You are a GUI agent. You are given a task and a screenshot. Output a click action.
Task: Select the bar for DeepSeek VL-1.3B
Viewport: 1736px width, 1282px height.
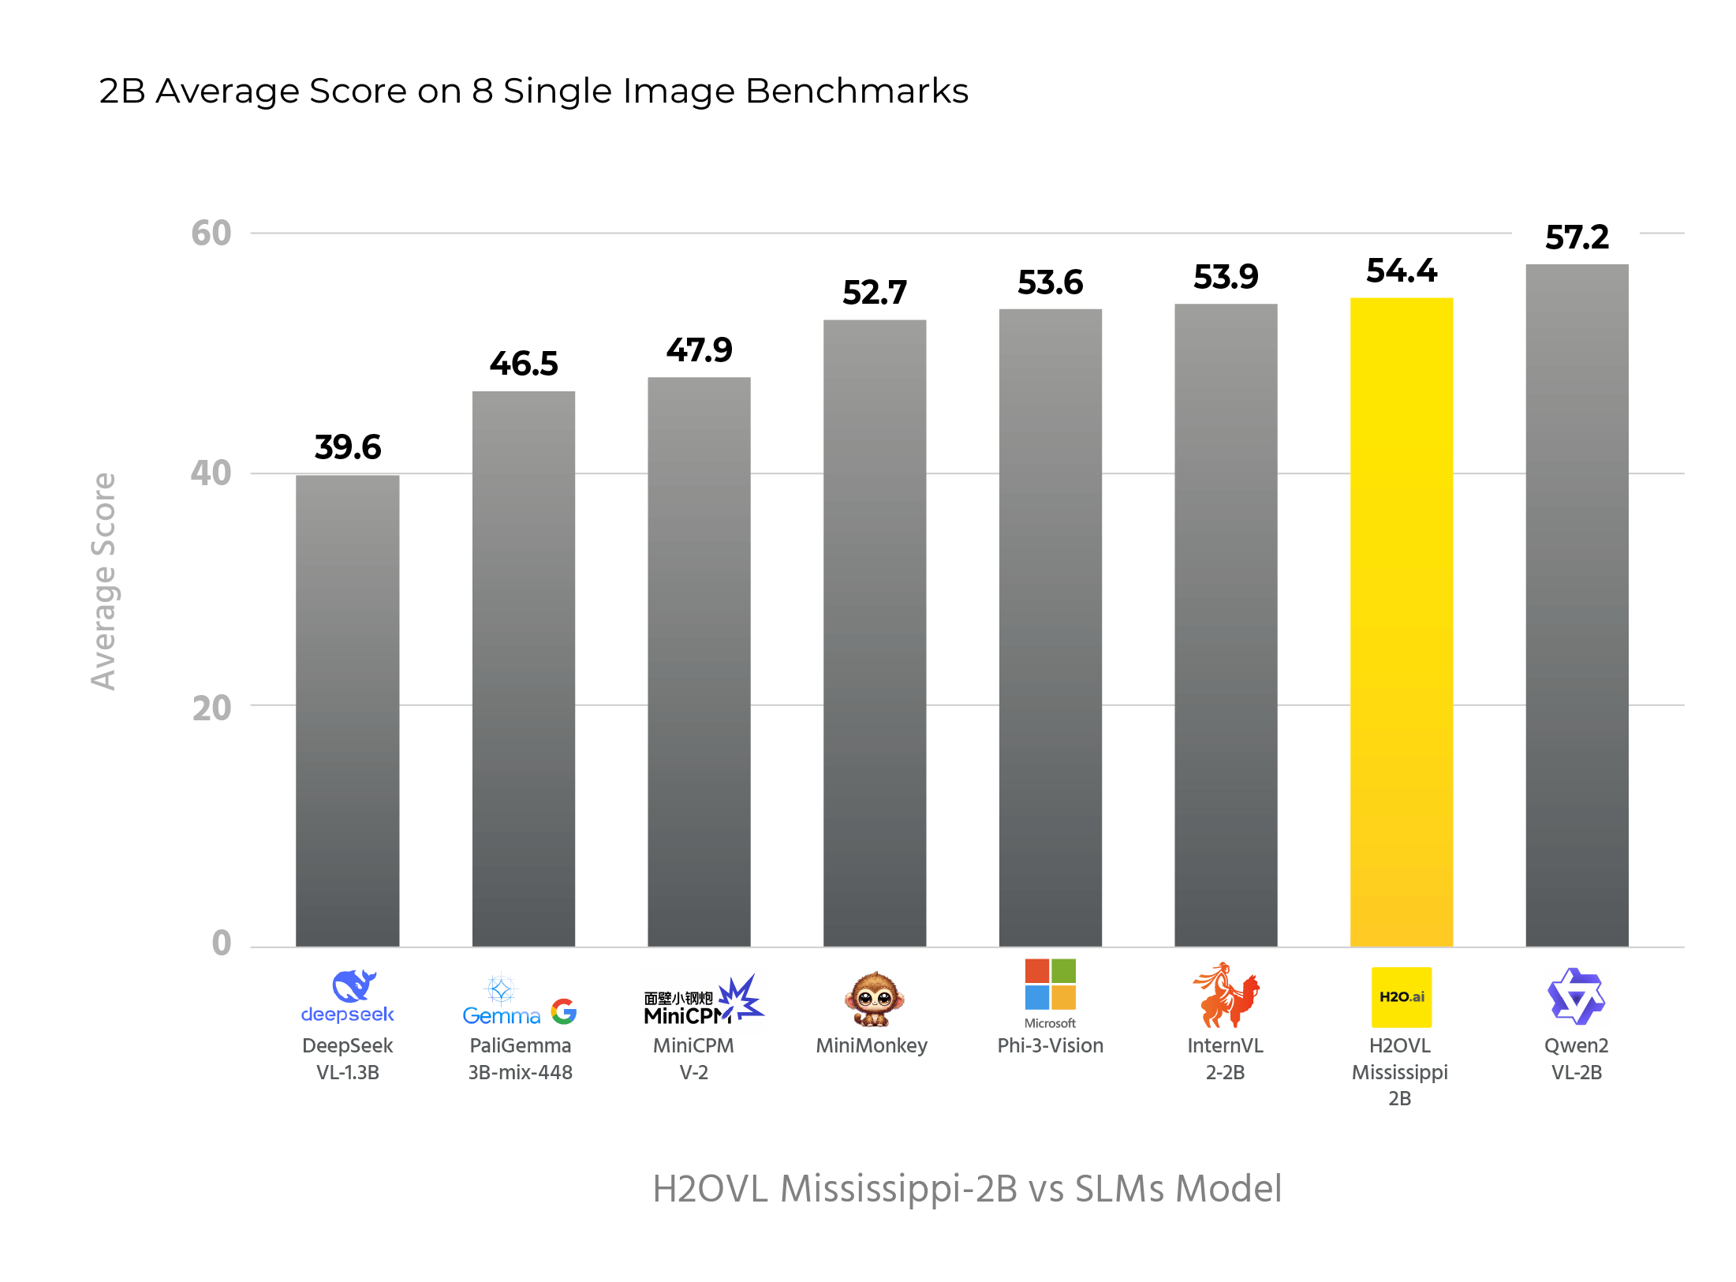(x=347, y=710)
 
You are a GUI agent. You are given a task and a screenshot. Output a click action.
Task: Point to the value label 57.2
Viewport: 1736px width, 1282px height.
(x=1576, y=237)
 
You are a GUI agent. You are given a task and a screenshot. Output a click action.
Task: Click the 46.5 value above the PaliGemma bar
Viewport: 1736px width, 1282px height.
(x=523, y=364)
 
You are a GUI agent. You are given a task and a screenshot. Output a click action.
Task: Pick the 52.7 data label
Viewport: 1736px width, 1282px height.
(x=874, y=293)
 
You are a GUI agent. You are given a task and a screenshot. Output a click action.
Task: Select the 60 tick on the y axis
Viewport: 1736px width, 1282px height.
(x=211, y=234)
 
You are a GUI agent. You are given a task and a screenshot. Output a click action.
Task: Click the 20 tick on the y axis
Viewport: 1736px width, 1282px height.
(x=211, y=708)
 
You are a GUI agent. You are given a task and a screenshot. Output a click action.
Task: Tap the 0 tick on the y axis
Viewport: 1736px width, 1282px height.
(x=221, y=943)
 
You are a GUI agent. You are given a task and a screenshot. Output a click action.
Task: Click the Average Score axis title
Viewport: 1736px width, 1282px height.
(x=103, y=582)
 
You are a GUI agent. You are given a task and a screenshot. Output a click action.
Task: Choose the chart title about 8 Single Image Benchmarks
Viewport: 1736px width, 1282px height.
(x=533, y=91)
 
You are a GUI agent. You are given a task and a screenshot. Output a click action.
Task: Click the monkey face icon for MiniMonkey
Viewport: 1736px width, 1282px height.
(x=873, y=999)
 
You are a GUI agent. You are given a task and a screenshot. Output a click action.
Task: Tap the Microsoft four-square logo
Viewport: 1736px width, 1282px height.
(x=1050, y=985)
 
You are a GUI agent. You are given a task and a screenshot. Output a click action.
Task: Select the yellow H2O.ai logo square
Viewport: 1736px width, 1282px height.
(x=1401, y=997)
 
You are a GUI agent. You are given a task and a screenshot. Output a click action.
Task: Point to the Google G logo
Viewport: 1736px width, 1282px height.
(x=563, y=1011)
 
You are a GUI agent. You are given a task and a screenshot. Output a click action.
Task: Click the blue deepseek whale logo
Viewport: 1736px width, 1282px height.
(x=353, y=986)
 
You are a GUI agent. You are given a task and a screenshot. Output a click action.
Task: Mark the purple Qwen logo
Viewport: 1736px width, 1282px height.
(x=1576, y=996)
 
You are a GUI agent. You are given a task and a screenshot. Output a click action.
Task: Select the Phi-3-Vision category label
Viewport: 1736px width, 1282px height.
(x=1050, y=1046)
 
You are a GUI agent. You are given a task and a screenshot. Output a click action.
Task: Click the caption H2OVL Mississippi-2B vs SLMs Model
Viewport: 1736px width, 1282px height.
(x=966, y=1189)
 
